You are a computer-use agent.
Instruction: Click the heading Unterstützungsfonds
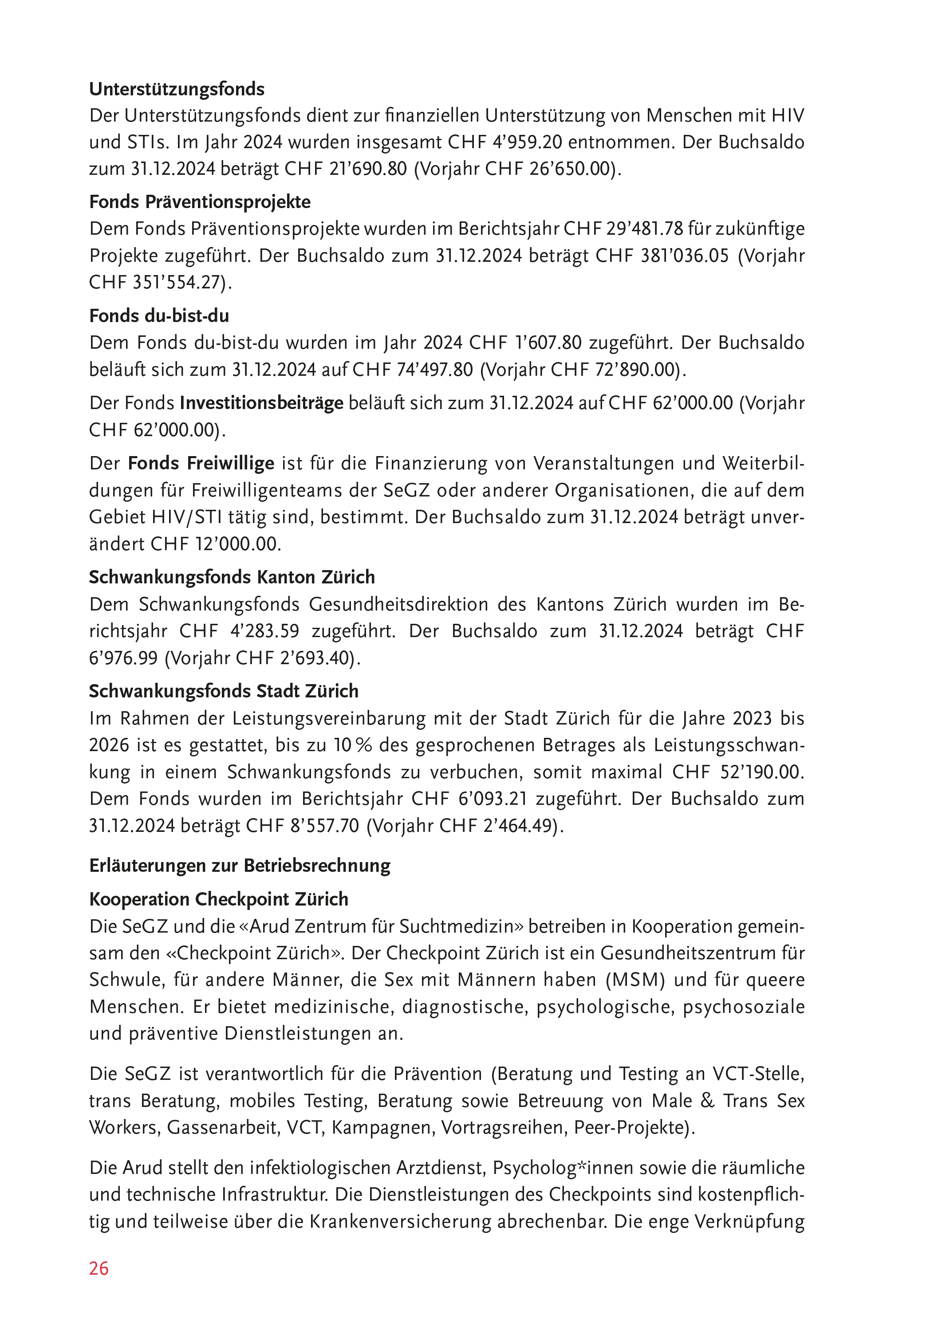pyautogui.click(x=177, y=89)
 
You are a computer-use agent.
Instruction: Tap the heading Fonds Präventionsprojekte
pyautogui.click(x=200, y=202)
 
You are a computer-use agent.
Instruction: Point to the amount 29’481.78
pyautogui.click(x=645, y=229)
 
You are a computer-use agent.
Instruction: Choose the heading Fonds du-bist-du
pyautogui.click(x=159, y=316)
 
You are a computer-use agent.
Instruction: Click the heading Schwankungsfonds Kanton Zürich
pyautogui.click(x=232, y=577)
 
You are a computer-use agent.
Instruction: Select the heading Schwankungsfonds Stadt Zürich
pyautogui.click(x=224, y=691)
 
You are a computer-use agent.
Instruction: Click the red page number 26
pyautogui.click(x=99, y=1268)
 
